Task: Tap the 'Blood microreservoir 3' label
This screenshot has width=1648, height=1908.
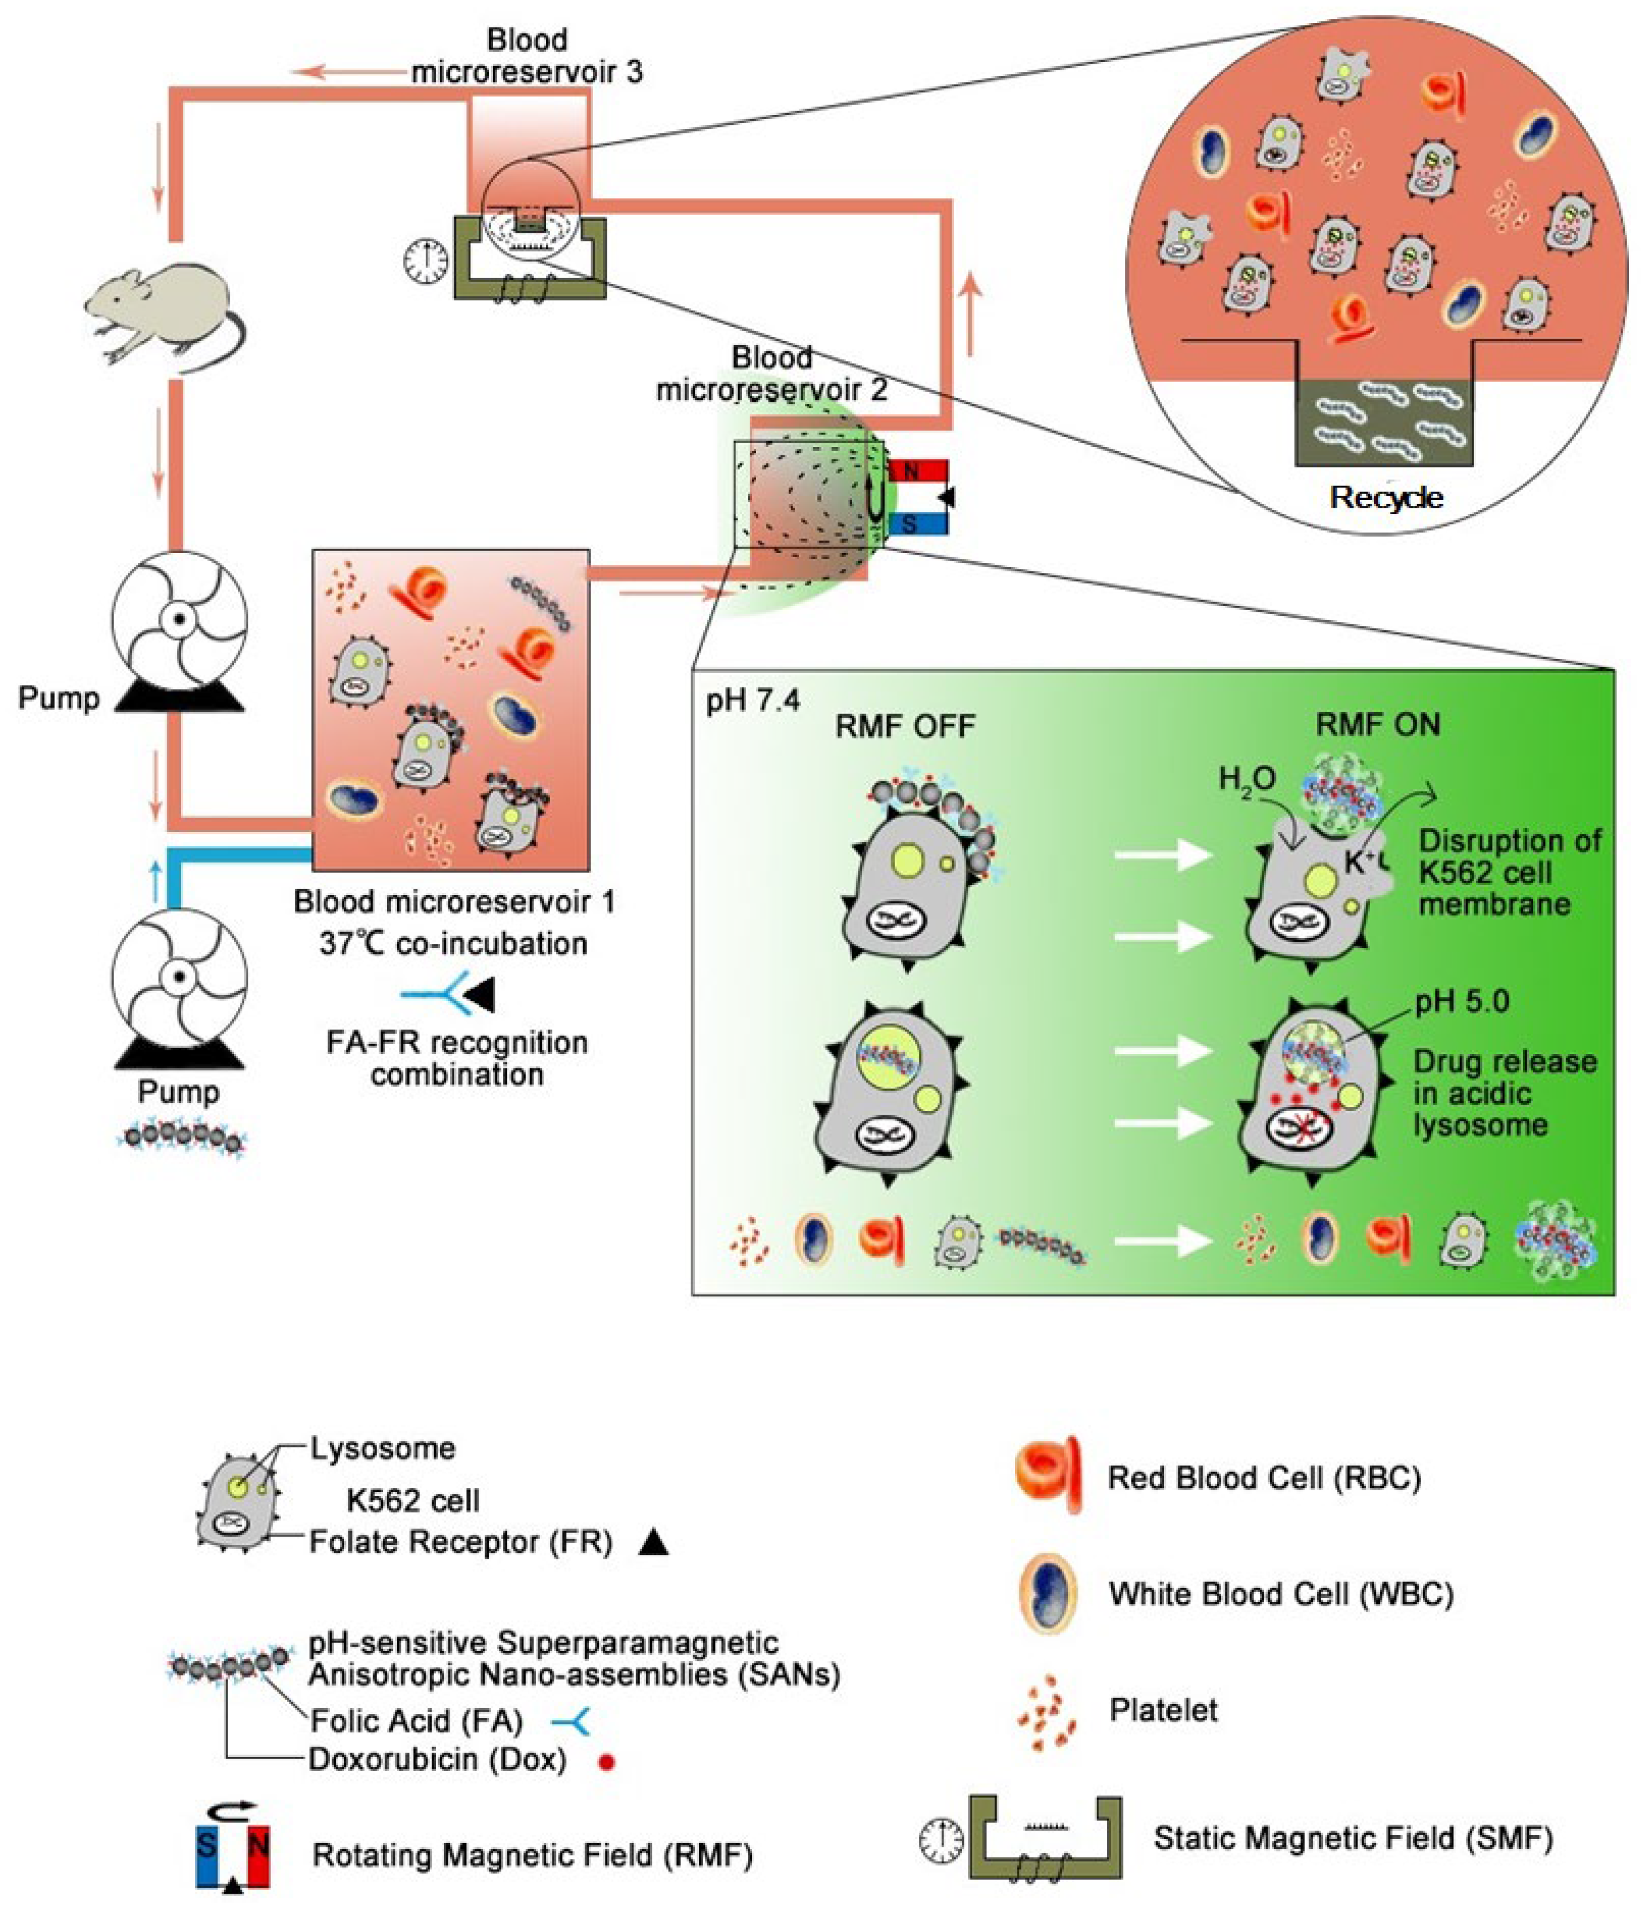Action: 527,55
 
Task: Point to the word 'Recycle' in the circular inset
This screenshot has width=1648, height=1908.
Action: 1387,498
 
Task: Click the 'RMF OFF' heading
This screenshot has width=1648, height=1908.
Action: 904,727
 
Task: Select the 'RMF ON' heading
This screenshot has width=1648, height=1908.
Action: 1377,725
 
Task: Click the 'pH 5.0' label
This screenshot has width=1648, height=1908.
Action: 1462,1001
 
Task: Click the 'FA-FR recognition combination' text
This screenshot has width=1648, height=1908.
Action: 457,1058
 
